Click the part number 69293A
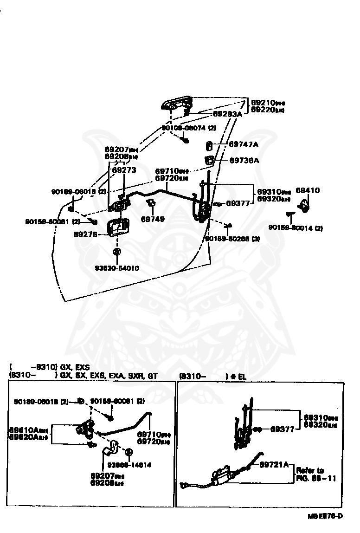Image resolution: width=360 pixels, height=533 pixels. coord(227,114)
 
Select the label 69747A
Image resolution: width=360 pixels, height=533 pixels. coord(244,144)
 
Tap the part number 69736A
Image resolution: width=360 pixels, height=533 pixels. coord(244,161)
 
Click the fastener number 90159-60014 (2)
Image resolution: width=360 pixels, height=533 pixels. coord(296,227)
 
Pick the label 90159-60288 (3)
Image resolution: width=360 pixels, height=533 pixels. coord(233,239)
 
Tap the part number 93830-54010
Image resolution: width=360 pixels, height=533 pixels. coord(117,268)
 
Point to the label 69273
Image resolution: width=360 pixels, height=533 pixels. coord(125,170)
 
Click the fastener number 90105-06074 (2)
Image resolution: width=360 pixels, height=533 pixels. coord(189,128)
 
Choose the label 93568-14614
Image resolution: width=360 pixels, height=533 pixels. coord(129,465)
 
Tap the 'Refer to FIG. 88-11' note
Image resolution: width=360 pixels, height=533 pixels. coord(317,474)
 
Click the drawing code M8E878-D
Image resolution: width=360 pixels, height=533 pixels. coord(325,516)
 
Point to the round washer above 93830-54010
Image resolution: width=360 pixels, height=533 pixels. coord(116,251)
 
